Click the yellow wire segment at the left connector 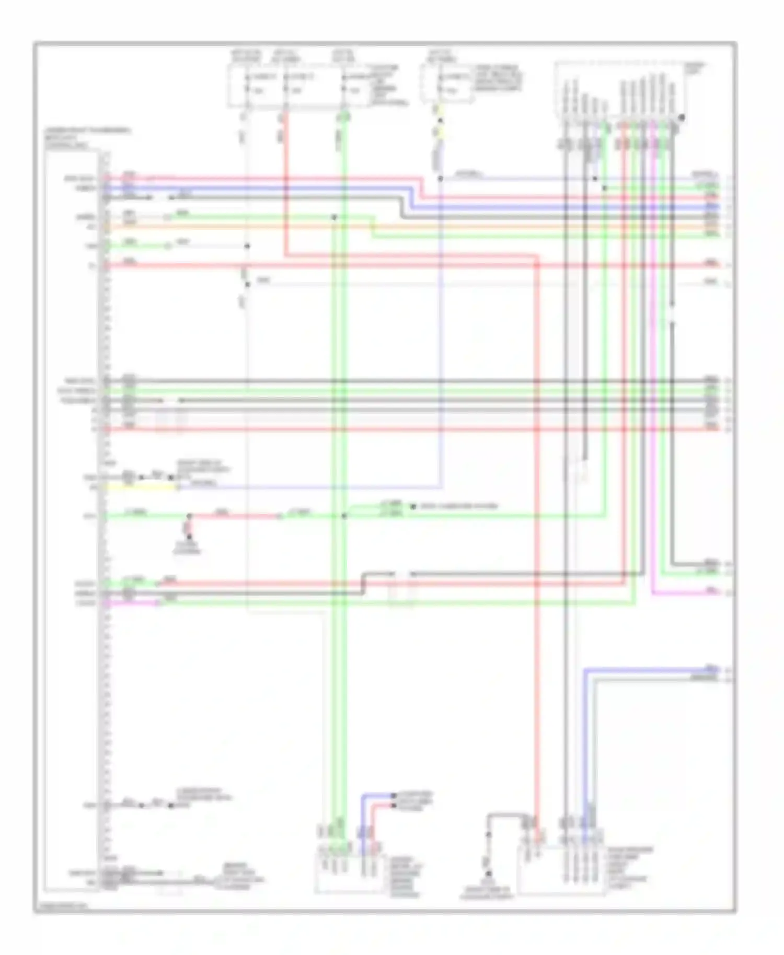point(141,487)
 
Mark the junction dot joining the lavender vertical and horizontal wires point(441,179)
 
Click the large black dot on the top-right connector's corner point(682,118)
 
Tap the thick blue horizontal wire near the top point(261,189)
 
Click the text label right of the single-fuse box point(497,78)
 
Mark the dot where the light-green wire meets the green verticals point(344,516)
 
